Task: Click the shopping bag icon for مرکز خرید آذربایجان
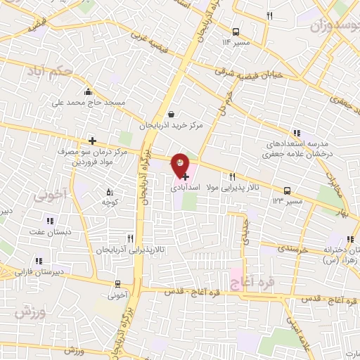pos(172,114)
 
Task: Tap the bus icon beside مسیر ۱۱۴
pos(235,31)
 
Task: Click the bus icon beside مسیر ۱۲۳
pos(287,191)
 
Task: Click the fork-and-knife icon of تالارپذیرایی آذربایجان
pos(129,238)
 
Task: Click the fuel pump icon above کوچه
pos(109,191)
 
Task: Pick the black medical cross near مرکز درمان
pos(92,141)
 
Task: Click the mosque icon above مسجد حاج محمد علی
pos(88,91)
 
